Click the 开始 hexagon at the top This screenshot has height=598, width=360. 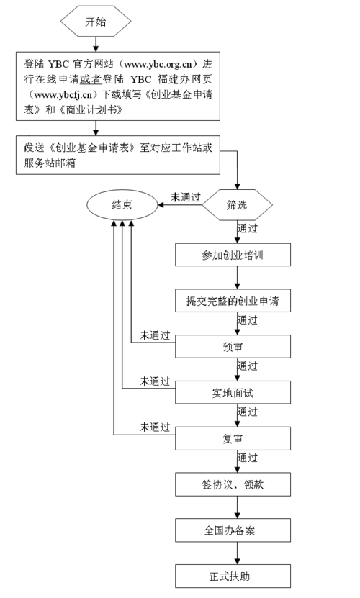click(x=96, y=22)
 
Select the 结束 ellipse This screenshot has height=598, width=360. click(x=122, y=205)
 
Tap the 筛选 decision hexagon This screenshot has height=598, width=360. click(x=237, y=205)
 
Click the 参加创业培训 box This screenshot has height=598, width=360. click(x=233, y=255)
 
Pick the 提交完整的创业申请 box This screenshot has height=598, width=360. click(x=233, y=301)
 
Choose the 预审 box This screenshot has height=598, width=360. click(x=233, y=346)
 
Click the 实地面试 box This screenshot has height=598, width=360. click(x=233, y=392)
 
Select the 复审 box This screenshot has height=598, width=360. click(x=233, y=438)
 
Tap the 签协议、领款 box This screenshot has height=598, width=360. click(x=233, y=484)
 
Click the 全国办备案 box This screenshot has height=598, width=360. click(x=233, y=530)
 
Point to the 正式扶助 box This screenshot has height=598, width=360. click(x=233, y=576)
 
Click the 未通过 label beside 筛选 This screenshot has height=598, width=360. click(x=186, y=197)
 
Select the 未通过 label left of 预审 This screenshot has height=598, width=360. click(x=155, y=335)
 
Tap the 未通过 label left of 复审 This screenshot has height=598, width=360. click(x=155, y=427)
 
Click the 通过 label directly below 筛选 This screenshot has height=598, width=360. click(x=248, y=228)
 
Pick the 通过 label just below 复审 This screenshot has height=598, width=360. click(x=248, y=458)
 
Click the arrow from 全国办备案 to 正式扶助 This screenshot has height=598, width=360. click(x=237, y=553)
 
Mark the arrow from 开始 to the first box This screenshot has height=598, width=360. click(x=96, y=44)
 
